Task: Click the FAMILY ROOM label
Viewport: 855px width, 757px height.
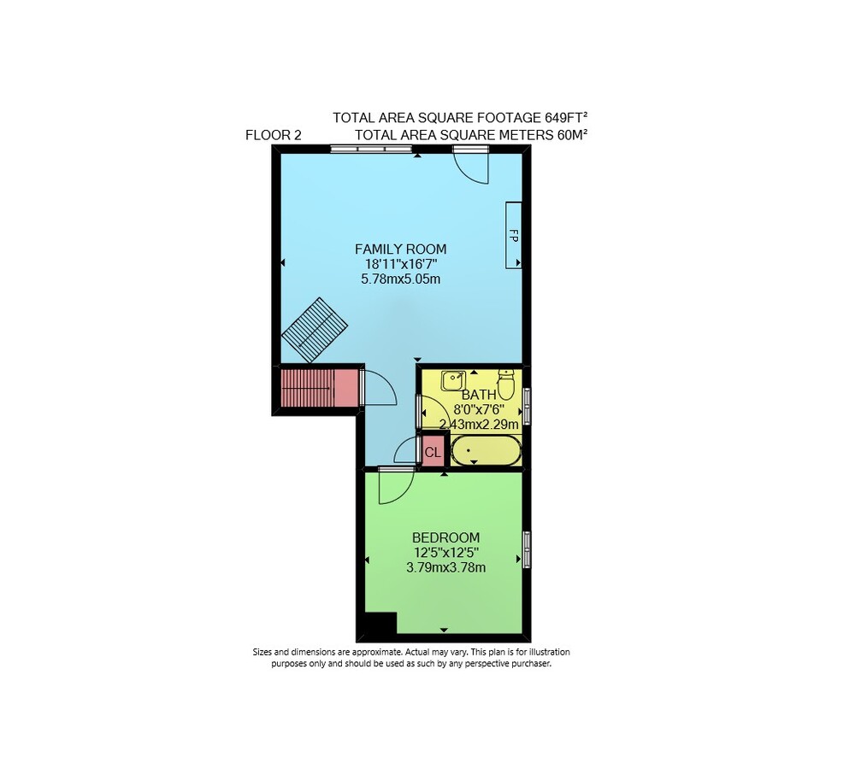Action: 400,249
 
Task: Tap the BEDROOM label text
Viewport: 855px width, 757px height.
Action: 445,537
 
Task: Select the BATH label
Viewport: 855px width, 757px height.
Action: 479,395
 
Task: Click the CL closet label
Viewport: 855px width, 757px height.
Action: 433,452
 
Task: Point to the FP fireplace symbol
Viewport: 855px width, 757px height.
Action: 513,235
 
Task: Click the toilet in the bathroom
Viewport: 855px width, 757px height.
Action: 506,384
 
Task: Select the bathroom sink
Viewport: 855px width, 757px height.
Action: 453,380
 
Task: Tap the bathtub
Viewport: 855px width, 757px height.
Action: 486,450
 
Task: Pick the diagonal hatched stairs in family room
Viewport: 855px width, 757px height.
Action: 315,329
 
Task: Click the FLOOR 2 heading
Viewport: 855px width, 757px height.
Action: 274,135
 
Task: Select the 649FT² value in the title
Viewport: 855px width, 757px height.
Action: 566,117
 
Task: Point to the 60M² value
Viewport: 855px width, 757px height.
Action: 572,135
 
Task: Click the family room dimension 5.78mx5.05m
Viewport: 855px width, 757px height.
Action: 400,279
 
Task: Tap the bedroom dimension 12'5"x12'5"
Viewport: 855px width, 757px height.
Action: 446,553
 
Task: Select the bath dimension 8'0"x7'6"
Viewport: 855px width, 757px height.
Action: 479,409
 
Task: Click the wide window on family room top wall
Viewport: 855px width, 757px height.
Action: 371,149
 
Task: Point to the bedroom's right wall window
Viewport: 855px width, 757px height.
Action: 527,549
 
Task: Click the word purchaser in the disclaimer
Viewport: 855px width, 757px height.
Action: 531,664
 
